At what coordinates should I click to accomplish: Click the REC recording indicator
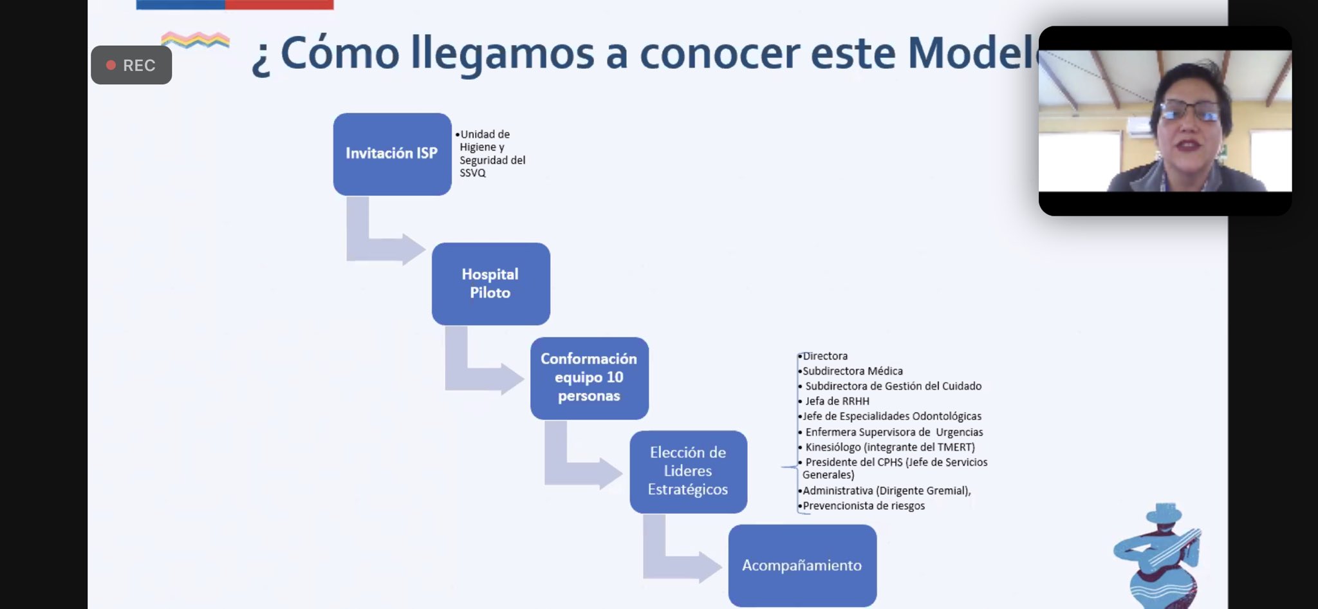(131, 65)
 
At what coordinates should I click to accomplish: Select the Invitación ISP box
(392, 154)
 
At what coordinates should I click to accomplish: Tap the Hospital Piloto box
(490, 283)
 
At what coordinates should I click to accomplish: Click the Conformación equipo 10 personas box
(589, 378)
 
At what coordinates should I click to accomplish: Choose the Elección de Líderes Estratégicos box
(688, 471)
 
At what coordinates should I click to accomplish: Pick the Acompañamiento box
(802, 565)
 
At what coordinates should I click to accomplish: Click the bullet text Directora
(824, 356)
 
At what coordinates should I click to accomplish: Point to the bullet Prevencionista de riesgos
(863, 506)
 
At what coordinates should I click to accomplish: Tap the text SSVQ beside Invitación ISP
(472, 173)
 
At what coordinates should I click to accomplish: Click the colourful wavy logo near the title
(195, 40)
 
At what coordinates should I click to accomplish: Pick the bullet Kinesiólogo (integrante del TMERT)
(889, 447)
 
